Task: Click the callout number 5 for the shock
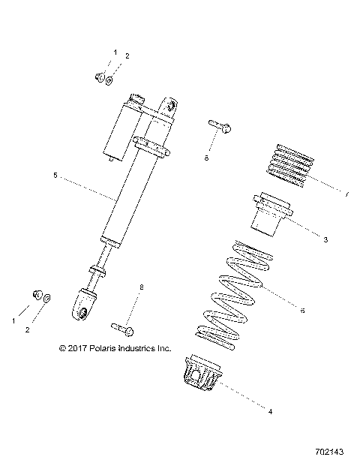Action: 55,176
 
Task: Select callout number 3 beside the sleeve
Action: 325,240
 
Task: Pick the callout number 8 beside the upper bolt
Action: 206,158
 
